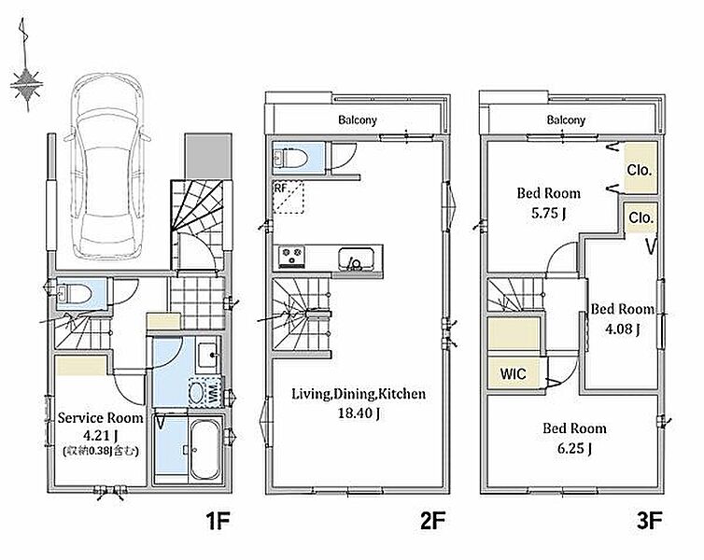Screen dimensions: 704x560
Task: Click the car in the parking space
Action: click(106, 166)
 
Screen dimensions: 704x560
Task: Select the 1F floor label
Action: click(218, 522)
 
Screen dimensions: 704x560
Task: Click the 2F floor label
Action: click(432, 522)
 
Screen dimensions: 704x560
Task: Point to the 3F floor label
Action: click(649, 522)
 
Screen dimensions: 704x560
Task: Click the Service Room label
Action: click(101, 418)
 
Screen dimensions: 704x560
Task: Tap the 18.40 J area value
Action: click(359, 413)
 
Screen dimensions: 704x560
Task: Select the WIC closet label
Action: click(513, 373)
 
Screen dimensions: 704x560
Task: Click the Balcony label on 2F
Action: click(358, 119)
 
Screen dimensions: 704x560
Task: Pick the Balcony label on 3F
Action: click(566, 119)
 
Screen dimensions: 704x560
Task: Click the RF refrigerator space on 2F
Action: click(289, 198)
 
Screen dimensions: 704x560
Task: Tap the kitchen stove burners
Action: click(291, 257)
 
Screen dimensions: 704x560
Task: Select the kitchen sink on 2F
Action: click(356, 259)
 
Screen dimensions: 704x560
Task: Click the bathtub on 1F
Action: click(205, 450)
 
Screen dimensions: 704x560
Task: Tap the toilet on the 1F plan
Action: click(75, 294)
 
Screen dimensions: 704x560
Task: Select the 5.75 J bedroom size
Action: click(548, 212)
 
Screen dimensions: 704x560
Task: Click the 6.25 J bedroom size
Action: click(574, 448)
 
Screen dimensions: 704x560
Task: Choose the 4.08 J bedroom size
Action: click(622, 329)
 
